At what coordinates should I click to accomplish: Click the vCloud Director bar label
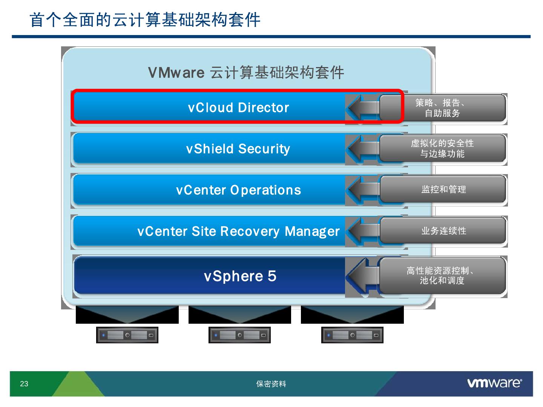(x=238, y=108)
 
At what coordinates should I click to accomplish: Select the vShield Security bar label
(x=238, y=149)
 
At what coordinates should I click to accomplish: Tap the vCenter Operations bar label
(x=238, y=190)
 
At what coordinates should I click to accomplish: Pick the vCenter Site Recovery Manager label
(x=238, y=231)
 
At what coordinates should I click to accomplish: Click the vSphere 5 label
(x=240, y=276)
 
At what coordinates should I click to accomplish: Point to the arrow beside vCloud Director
(x=362, y=108)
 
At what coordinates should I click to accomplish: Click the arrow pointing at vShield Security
(x=362, y=149)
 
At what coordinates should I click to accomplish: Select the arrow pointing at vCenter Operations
(x=362, y=190)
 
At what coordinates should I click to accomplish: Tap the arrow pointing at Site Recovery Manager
(x=362, y=231)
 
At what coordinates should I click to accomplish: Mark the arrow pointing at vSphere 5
(x=362, y=276)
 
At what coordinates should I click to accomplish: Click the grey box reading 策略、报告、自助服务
(x=442, y=108)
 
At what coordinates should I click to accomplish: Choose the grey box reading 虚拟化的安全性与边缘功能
(x=442, y=148)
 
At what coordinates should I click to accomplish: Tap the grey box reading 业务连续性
(x=443, y=231)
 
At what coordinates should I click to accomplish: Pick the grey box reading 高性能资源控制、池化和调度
(x=442, y=275)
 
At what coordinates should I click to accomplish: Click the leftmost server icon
(x=127, y=335)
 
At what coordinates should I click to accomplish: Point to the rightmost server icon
(x=352, y=335)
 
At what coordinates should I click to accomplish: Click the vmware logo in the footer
(x=494, y=383)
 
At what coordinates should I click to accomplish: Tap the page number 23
(x=24, y=384)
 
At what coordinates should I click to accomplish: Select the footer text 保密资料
(x=271, y=384)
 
